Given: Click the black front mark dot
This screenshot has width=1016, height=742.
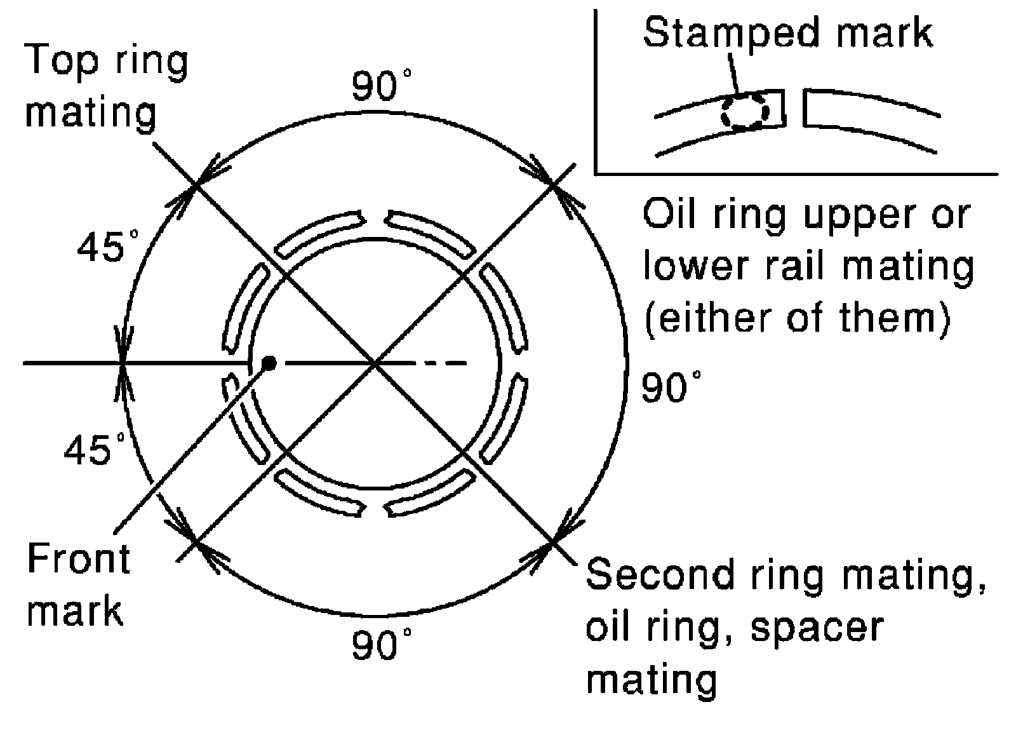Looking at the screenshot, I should coord(270,363).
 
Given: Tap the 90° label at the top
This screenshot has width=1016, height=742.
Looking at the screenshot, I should coord(382,86).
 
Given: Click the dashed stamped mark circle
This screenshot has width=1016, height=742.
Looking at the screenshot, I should coord(744,112).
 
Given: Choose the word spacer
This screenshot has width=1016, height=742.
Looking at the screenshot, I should coord(817,628).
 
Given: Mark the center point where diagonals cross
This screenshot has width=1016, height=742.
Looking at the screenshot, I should coord(376,363).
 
